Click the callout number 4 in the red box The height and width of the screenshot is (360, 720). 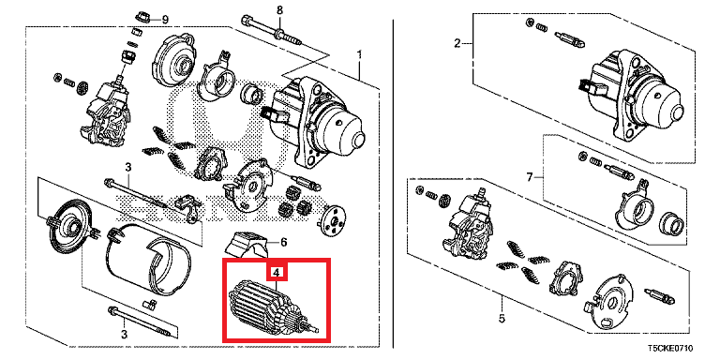[x=276, y=273]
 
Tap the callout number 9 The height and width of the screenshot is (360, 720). [x=165, y=20]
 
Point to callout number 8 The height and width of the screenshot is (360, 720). [x=279, y=9]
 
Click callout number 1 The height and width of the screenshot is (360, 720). [x=360, y=55]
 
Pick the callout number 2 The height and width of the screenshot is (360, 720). [x=457, y=44]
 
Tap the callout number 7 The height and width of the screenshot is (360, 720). [x=530, y=177]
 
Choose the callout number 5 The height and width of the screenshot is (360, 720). [x=502, y=318]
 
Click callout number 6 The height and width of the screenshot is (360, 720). [x=283, y=242]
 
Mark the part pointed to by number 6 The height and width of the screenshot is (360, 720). [x=247, y=244]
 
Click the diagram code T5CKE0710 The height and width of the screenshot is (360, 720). [x=670, y=349]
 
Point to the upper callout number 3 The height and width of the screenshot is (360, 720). [x=128, y=166]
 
